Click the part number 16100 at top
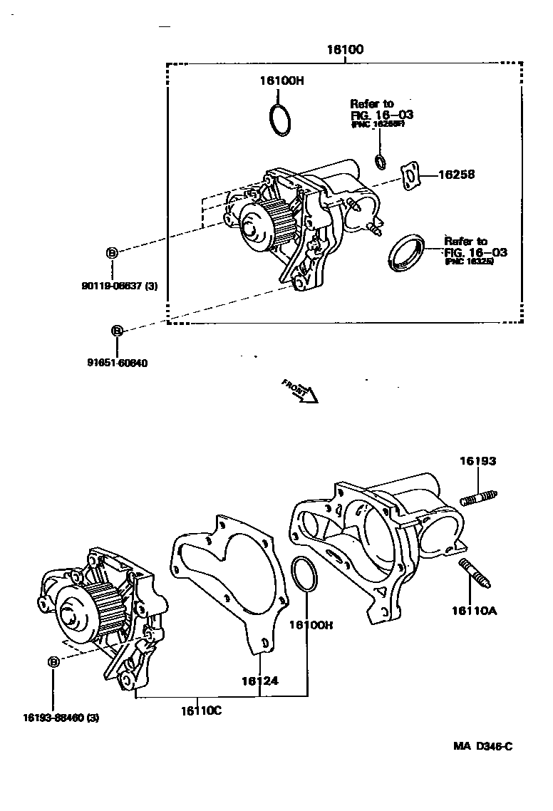click(x=345, y=50)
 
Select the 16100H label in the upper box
click(x=281, y=81)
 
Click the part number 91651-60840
click(x=118, y=363)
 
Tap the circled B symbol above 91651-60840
click(x=117, y=331)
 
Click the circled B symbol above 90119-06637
click(x=111, y=252)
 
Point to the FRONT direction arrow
click(x=300, y=391)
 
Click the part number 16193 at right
click(x=477, y=461)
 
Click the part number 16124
click(x=259, y=681)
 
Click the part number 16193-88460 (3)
click(x=61, y=718)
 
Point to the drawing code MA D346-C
click(x=483, y=746)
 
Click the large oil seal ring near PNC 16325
click(x=407, y=252)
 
